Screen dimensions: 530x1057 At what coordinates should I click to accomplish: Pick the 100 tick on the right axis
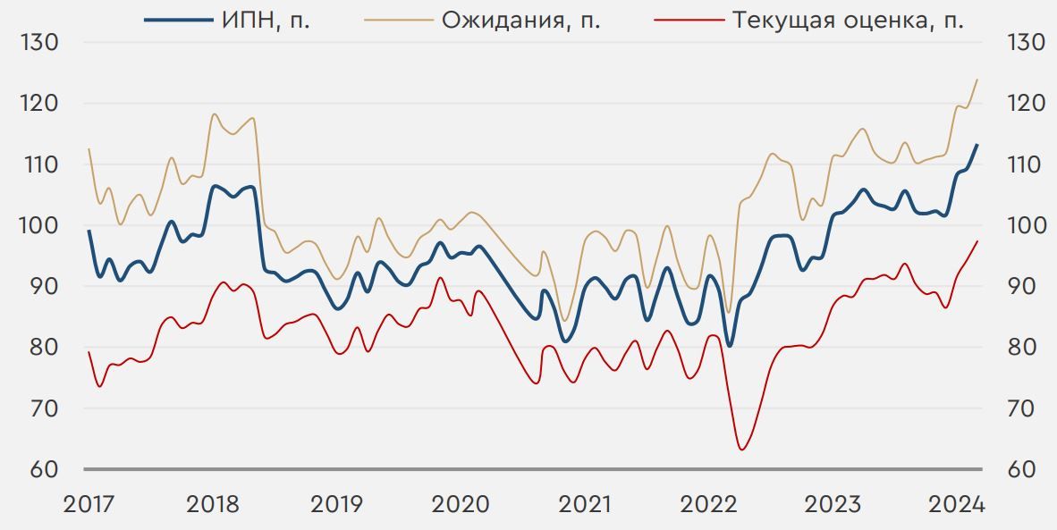[x=1025, y=225]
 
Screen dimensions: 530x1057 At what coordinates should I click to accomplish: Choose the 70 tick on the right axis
[x=1025, y=408]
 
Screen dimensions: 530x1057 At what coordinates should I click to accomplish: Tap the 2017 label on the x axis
[x=89, y=505]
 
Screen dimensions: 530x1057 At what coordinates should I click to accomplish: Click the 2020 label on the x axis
[x=461, y=505]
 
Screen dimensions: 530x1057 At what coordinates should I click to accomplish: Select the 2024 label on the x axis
[x=957, y=505]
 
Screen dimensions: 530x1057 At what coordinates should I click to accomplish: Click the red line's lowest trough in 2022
[x=741, y=449]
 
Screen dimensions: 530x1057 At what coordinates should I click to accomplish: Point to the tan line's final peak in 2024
[x=977, y=80]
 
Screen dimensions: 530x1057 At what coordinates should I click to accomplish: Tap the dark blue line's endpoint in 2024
[x=977, y=145]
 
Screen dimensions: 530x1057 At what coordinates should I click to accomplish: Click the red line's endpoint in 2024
[x=977, y=241]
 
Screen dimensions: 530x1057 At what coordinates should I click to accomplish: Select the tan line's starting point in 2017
[x=89, y=149]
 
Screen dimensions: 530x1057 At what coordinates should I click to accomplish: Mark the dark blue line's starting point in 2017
[x=89, y=231]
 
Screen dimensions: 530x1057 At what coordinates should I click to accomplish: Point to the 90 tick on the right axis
[x=1025, y=286]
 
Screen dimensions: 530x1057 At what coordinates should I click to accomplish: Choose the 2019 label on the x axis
[x=337, y=505]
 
